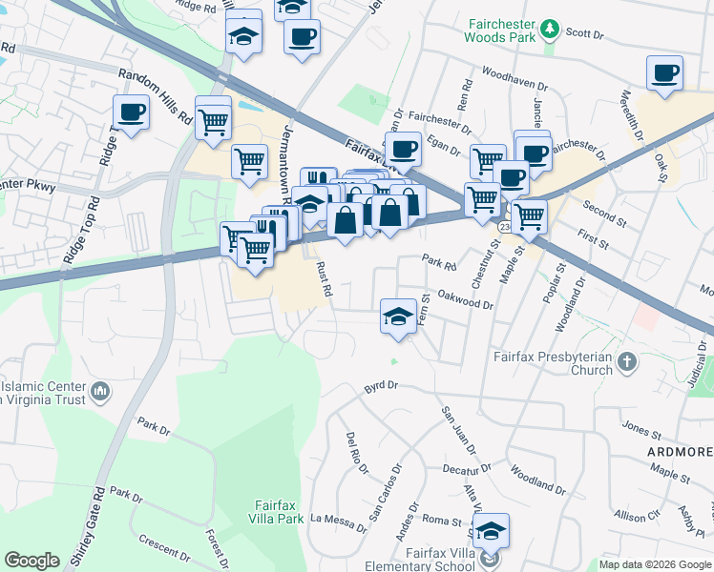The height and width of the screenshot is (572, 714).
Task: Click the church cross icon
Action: [626, 361]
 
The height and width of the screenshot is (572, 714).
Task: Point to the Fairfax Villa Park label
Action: [279, 512]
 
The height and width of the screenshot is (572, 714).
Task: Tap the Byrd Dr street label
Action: [379, 388]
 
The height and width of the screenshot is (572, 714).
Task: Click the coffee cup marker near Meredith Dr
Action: [664, 73]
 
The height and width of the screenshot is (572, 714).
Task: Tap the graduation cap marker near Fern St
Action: [398, 317]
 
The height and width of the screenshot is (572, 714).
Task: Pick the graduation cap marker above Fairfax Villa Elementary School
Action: [492, 530]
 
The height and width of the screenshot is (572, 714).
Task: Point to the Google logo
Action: [31, 561]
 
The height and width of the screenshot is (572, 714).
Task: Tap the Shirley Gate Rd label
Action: [98, 524]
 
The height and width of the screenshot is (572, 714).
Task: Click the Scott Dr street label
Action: [585, 33]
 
